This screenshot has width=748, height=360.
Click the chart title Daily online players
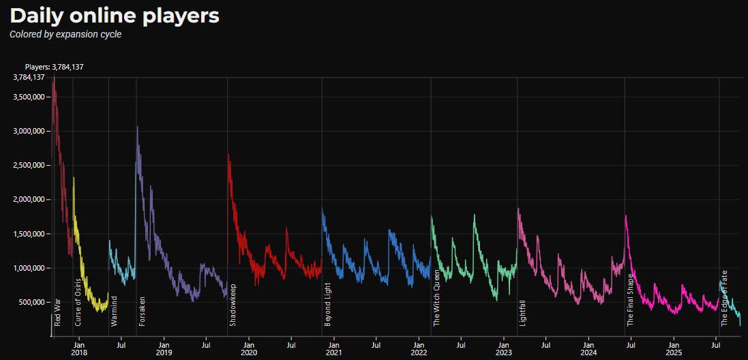tap(115, 16)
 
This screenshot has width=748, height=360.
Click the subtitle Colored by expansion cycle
tap(65, 34)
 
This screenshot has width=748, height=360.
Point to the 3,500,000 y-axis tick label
tap(29, 97)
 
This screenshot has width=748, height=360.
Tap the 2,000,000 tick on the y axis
tap(29, 199)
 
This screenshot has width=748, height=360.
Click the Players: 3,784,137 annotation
tap(54, 67)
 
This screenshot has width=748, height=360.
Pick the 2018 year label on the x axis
tap(78, 353)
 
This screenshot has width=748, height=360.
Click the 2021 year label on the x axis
tap(333, 353)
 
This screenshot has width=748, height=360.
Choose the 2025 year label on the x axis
tap(674, 353)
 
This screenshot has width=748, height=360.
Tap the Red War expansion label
tap(57, 311)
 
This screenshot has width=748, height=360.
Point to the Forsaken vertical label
tap(142, 311)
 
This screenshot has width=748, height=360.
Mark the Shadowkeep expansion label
tap(233, 305)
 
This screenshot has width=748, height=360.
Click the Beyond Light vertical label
tap(328, 304)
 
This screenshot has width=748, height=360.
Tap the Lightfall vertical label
tap(523, 312)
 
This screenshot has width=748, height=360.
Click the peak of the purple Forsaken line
tap(138, 127)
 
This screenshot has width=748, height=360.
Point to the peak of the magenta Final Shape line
tap(626, 216)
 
